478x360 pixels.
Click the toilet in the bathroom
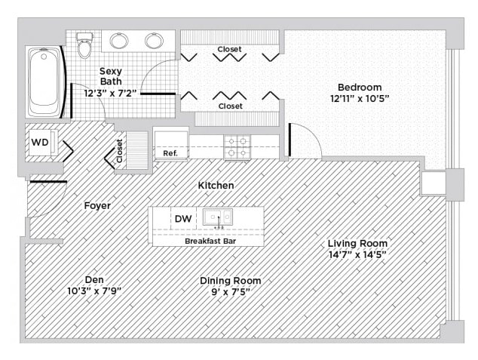tap(84, 45)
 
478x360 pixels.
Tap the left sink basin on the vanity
tap(119, 41)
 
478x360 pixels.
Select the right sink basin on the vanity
tap(155, 41)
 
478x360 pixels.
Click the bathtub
tap(45, 82)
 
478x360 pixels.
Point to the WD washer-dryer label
tap(40, 142)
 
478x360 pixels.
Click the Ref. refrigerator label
tap(170, 153)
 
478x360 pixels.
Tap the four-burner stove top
tap(237, 147)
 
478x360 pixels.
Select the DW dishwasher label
tap(183, 218)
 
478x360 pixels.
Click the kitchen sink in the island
tap(218, 217)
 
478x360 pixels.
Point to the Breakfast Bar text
tap(210, 241)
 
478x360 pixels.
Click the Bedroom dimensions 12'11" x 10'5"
tap(360, 99)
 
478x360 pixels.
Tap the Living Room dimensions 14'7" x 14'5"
tap(357, 254)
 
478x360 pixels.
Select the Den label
tap(94, 279)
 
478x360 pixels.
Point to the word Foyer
tap(97, 205)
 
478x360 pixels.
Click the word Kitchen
tap(216, 185)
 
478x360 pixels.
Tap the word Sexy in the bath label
tap(111, 72)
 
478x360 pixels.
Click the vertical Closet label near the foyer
tap(119, 151)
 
